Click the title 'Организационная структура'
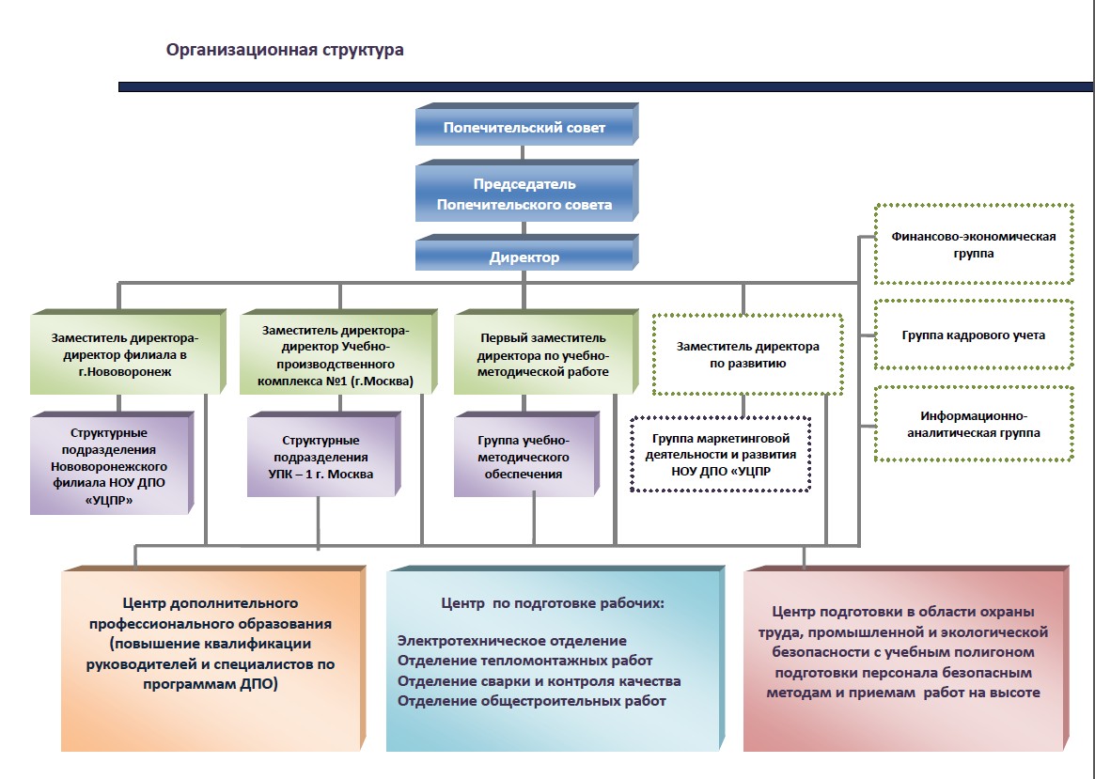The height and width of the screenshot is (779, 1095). click(x=285, y=50)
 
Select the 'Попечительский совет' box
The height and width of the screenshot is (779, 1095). click(x=524, y=127)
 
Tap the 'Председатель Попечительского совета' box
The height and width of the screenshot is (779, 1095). click(x=524, y=194)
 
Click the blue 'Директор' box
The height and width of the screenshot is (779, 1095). click(x=524, y=257)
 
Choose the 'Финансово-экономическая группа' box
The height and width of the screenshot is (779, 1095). click(x=974, y=244)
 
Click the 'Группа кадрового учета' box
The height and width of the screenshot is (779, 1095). click(x=974, y=335)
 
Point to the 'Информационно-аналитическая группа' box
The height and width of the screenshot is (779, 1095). click(x=974, y=424)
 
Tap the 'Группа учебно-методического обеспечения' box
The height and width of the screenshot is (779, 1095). click(x=524, y=458)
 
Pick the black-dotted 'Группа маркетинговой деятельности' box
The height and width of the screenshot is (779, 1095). click(x=721, y=455)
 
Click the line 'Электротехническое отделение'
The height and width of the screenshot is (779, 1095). click(x=511, y=641)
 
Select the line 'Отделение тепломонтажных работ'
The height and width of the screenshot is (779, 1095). click(x=524, y=661)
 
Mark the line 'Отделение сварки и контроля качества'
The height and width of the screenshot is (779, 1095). click(x=539, y=681)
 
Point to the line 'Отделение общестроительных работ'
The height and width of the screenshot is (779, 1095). click(x=532, y=701)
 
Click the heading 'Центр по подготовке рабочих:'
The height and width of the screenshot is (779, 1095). click(x=553, y=602)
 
